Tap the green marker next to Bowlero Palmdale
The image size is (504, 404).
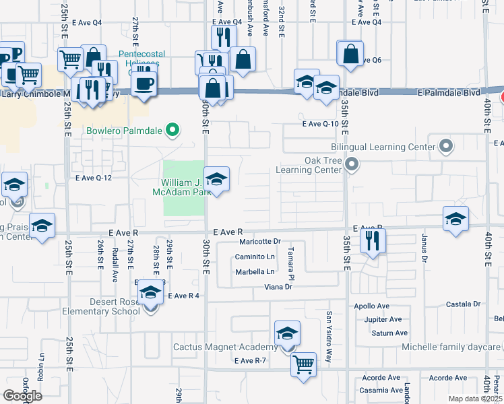click(173, 130)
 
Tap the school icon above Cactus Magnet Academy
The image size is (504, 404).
click(287, 333)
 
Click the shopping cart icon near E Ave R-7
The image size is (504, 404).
click(304, 366)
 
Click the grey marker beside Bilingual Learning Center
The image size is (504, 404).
click(445, 145)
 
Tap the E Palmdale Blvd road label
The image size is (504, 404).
click(449, 92)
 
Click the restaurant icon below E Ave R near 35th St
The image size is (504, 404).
click(373, 240)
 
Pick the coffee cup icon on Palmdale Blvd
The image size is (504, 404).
click(144, 83)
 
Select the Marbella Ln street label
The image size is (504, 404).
click(255, 272)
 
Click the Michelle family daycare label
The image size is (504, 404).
click(451, 347)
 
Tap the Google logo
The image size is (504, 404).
click(22, 395)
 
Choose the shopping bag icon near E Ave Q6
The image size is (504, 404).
click(350, 54)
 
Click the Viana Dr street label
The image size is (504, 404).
click(278, 287)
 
